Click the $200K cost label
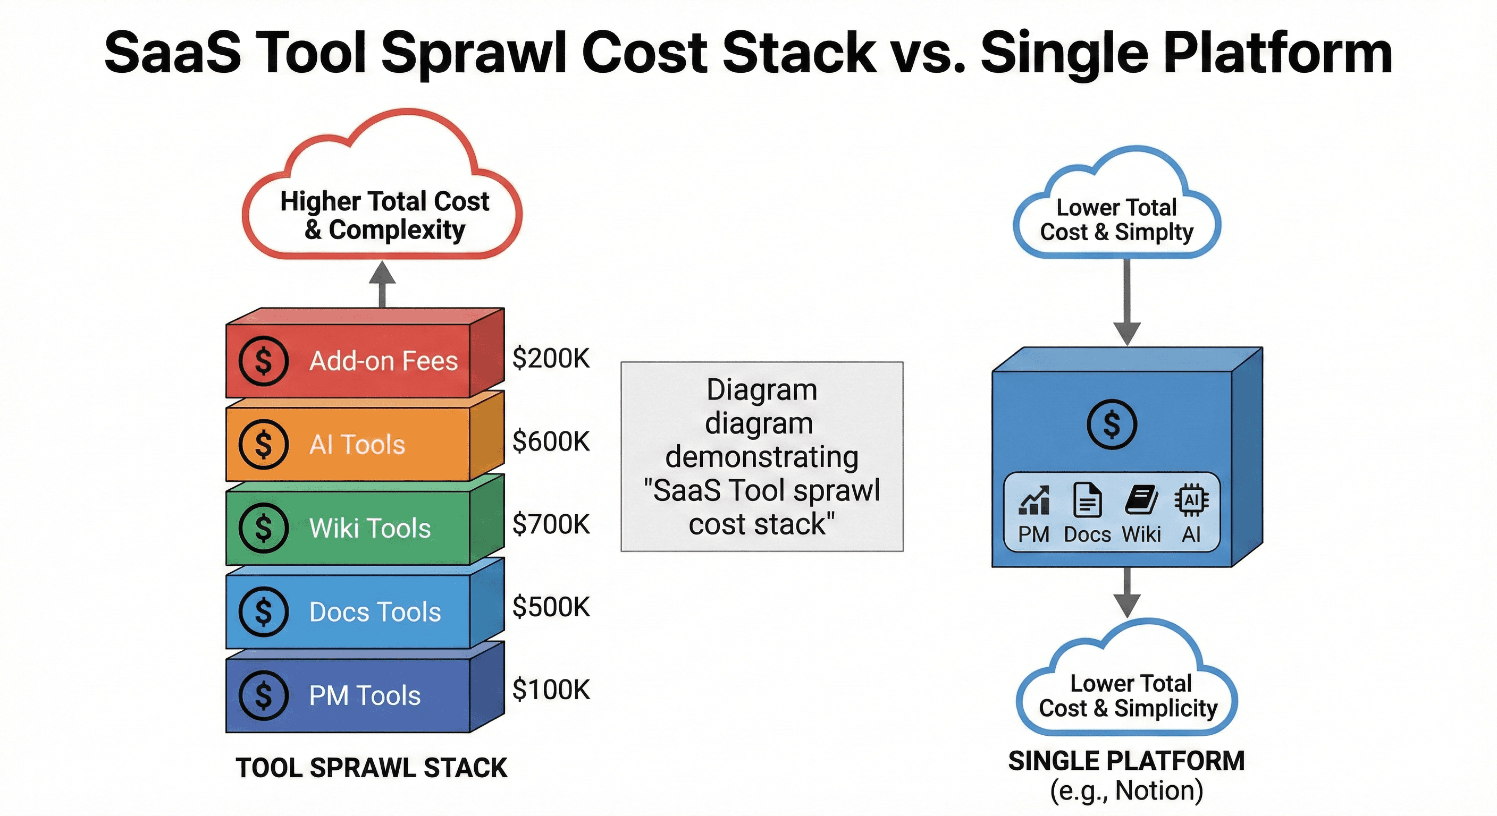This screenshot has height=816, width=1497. click(551, 359)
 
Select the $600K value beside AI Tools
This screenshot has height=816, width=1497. click(551, 441)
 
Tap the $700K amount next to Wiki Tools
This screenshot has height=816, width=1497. click(551, 524)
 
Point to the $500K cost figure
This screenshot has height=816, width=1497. click(551, 607)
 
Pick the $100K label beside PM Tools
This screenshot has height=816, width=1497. click(551, 690)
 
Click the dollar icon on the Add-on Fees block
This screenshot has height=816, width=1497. click(263, 361)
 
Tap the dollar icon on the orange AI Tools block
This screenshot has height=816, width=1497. click(263, 444)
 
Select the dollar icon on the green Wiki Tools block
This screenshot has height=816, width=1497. click(263, 528)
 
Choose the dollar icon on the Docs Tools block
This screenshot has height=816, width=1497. click(263, 611)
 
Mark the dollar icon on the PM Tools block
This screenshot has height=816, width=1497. click(263, 695)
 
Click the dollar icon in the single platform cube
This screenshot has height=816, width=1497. click(1111, 424)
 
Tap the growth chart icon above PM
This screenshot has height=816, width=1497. click(1034, 500)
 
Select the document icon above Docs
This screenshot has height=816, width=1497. click(1087, 499)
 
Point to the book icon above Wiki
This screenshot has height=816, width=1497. click(1141, 499)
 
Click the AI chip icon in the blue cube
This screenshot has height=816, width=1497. click(1191, 500)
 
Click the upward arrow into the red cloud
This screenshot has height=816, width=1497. click(382, 284)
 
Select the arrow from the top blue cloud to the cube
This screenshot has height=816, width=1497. click(1127, 302)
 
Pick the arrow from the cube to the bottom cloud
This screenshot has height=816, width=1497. click(1127, 592)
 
